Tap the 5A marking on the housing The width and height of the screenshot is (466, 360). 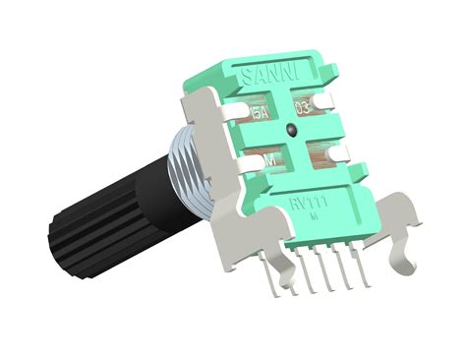(262, 113)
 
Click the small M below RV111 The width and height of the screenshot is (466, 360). (314, 214)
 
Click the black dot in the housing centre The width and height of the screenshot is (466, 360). (292, 130)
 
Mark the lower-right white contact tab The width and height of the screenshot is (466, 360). (339, 150)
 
